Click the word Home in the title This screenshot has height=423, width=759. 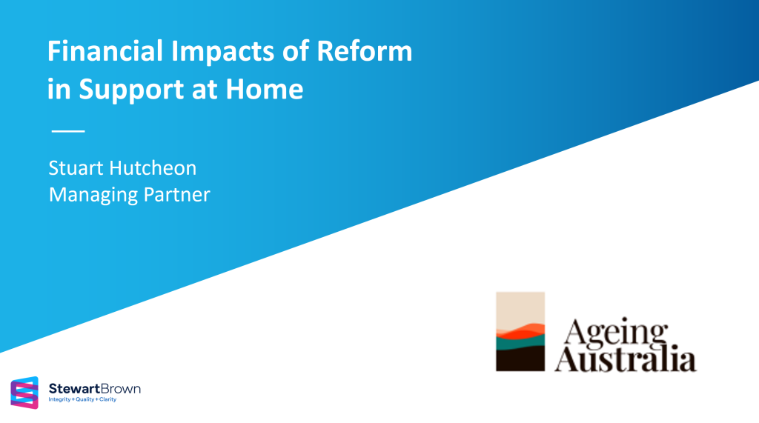tap(269, 90)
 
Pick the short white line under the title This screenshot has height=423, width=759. tap(68, 131)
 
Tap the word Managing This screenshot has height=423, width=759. tap(90, 195)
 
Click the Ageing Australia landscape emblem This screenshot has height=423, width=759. tap(520, 330)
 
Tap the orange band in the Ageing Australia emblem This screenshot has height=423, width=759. tap(520, 330)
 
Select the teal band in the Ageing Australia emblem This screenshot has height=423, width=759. tap(520, 341)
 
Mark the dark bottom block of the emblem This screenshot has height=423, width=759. tap(520, 359)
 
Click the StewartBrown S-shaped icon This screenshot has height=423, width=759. tap(24, 393)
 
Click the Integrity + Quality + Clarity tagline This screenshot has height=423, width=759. tap(82, 400)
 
